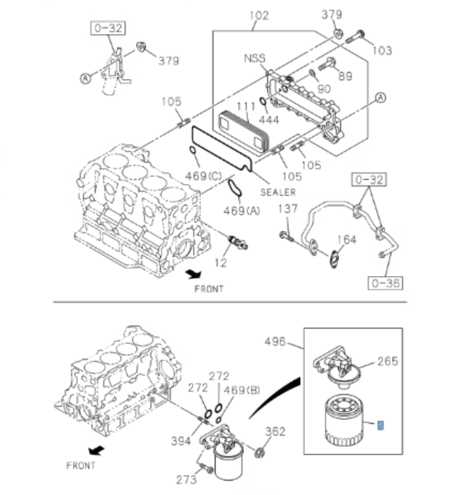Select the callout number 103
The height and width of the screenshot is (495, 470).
[383, 51]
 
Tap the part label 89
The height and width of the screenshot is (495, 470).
[345, 75]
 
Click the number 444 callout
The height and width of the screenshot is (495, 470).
[269, 120]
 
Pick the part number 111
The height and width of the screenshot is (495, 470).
[246, 107]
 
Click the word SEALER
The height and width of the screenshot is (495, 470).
[278, 193]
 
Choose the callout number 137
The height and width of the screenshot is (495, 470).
[288, 209]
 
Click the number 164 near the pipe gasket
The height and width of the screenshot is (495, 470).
[346, 240]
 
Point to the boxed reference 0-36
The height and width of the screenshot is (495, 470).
[386, 283]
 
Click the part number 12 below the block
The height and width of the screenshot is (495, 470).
[220, 264]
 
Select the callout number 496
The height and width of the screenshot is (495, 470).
[275, 342]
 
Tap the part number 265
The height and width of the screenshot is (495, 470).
[387, 361]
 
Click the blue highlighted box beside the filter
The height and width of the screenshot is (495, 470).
[381, 425]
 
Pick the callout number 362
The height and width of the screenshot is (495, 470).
[275, 432]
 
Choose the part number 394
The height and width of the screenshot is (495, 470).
[181, 442]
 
